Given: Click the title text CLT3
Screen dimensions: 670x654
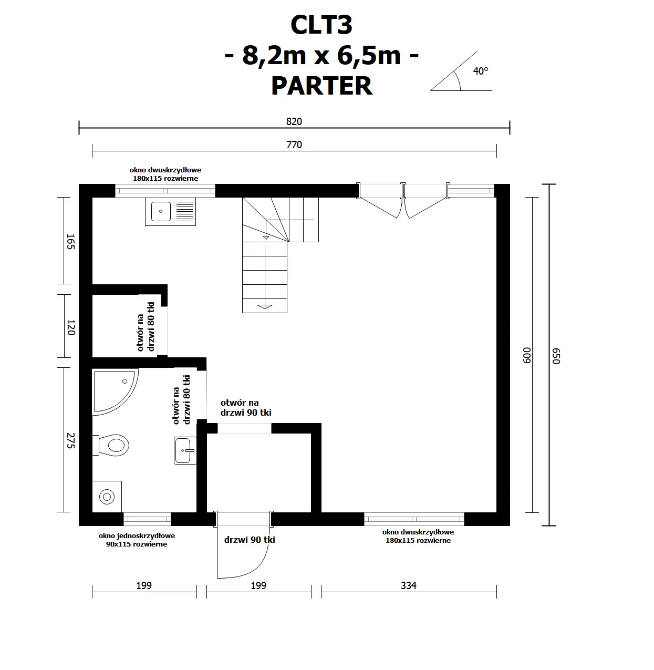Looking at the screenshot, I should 321,25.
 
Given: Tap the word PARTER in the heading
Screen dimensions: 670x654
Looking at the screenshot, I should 321,86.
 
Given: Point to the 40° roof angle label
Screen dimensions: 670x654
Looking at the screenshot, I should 480,71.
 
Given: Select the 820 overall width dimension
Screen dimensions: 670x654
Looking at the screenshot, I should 294,121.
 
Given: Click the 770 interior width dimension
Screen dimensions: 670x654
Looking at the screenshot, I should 294,145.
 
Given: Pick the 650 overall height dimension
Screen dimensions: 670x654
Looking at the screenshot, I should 556,355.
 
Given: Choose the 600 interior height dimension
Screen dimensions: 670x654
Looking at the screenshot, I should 527,355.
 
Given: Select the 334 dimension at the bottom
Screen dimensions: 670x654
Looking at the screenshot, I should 408,585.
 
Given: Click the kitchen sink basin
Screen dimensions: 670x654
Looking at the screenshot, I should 160,212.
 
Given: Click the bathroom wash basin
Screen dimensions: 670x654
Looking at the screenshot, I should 185,450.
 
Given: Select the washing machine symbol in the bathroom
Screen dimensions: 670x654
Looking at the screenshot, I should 107,496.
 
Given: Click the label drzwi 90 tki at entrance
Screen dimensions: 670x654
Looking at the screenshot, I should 250,540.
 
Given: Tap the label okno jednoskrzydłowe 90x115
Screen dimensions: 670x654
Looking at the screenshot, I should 137,540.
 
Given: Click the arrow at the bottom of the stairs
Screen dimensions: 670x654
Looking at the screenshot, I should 265,305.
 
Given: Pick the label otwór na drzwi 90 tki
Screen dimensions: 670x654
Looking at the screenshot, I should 245,408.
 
